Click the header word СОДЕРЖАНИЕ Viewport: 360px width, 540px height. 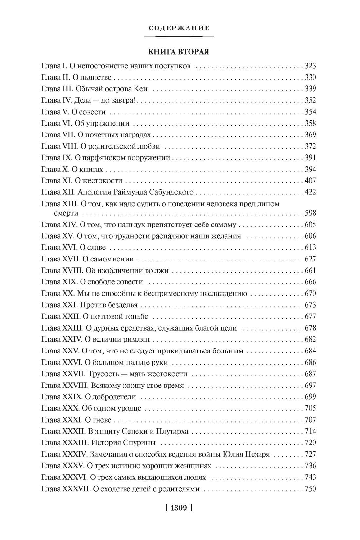tap(179, 28)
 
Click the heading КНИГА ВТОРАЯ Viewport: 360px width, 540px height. tap(179, 52)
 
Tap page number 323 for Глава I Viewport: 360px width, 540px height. tap(310, 66)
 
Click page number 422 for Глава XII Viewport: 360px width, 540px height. tap(310, 192)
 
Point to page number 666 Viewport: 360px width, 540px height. tap(310, 282)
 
